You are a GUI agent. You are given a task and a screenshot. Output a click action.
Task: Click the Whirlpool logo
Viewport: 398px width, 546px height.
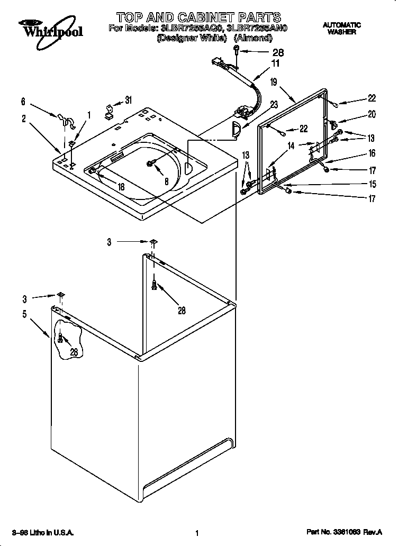click(51, 29)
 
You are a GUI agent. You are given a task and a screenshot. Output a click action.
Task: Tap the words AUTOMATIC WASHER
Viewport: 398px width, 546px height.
click(341, 29)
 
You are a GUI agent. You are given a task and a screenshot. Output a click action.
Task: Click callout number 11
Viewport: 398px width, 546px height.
click(275, 63)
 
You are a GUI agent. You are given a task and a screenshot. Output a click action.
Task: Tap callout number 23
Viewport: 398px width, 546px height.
click(273, 105)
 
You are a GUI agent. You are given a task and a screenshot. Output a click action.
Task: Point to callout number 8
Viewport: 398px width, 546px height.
click(166, 180)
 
